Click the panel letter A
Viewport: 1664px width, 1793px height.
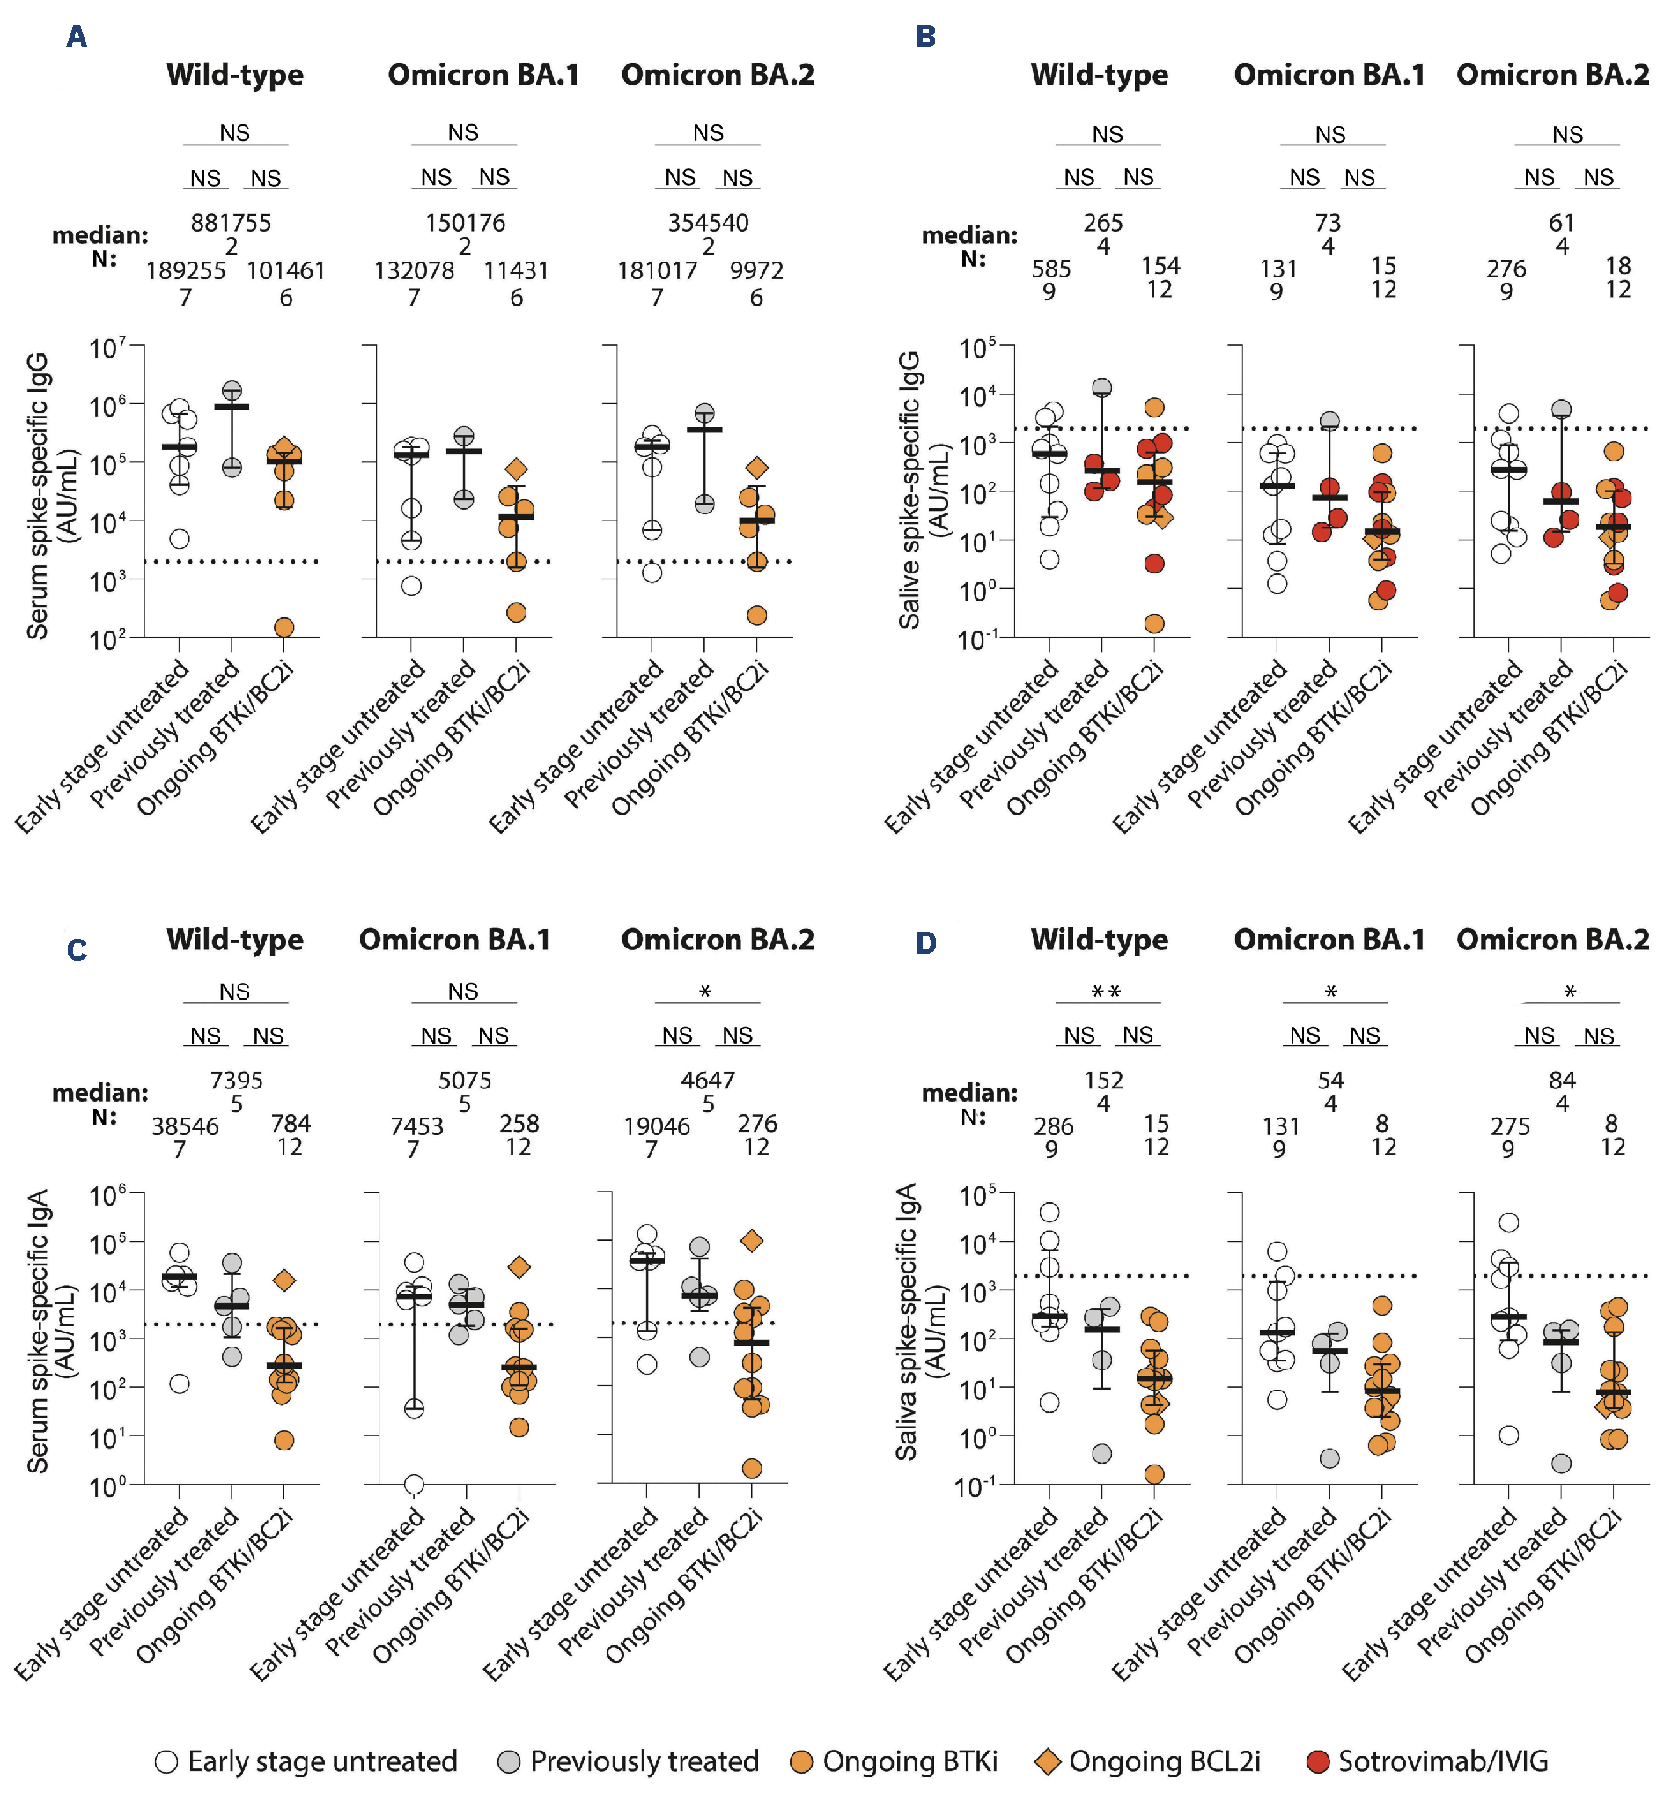click(77, 36)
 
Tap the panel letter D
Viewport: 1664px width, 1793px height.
click(925, 943)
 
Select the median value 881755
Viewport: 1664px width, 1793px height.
click(231, 223)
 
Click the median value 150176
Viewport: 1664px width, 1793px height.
click(465, 223)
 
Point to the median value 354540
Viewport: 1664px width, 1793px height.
click(708, 223)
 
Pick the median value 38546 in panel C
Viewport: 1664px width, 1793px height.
click(185, 1126)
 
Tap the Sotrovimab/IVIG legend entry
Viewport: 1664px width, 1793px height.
click(1427, 1760)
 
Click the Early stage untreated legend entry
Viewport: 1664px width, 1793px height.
click(306, 1760)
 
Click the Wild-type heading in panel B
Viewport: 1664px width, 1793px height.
click(1099, 75)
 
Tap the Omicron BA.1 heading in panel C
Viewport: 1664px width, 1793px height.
click(454, 940)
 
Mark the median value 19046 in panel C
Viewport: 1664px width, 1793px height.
click(657, 1126)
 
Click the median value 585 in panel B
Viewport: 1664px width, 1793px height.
click(1051, 269)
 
